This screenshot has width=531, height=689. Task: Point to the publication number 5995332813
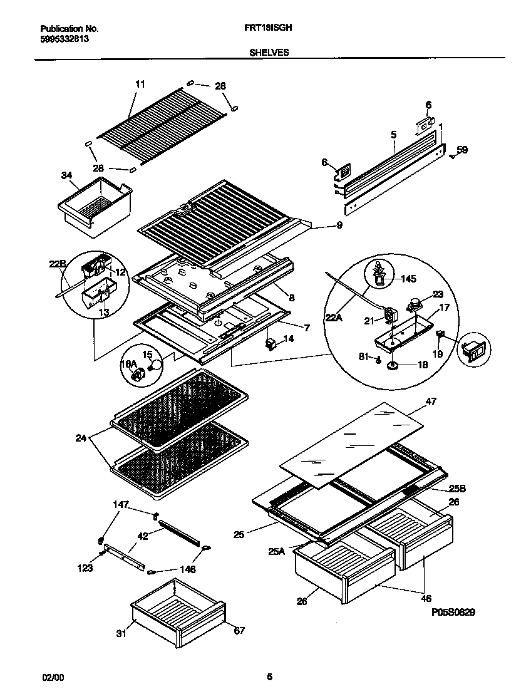(x=64, y=38)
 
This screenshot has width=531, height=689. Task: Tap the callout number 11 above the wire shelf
(x=140, y=83)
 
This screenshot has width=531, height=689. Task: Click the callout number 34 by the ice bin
(x=67, y=175)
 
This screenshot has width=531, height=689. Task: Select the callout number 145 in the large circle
(x=408, y=279)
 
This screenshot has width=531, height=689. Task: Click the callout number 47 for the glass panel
(x=431, y=401)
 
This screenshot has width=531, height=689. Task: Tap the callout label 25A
(x=277, y=551)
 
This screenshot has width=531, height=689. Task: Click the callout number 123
(x=85, y=568)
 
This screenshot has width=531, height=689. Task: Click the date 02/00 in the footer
(x=52, y=676)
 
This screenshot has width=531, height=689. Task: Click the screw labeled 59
(x=452, y=157)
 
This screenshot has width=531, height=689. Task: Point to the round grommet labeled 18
(x=393, y=366)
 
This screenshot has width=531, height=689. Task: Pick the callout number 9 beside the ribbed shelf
(x=339, y=225)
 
